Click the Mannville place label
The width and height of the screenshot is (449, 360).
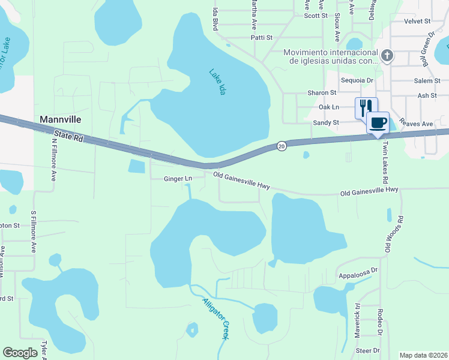coord(60,119)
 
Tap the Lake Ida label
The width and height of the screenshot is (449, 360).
coord(217,82)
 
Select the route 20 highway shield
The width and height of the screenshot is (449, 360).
coord(281,145)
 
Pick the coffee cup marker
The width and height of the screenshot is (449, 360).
coord(378,123)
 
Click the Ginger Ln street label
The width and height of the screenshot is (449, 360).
coord(178,179)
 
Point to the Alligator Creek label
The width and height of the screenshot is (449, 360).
coord(215,319)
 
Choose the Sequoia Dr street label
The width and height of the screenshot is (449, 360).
coord(357,80)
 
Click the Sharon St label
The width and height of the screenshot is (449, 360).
coord(322,93)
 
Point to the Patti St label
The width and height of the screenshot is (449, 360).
coord(261,37)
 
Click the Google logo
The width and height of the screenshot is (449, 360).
coord(20,353)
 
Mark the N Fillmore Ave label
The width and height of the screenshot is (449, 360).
coord(54,161)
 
